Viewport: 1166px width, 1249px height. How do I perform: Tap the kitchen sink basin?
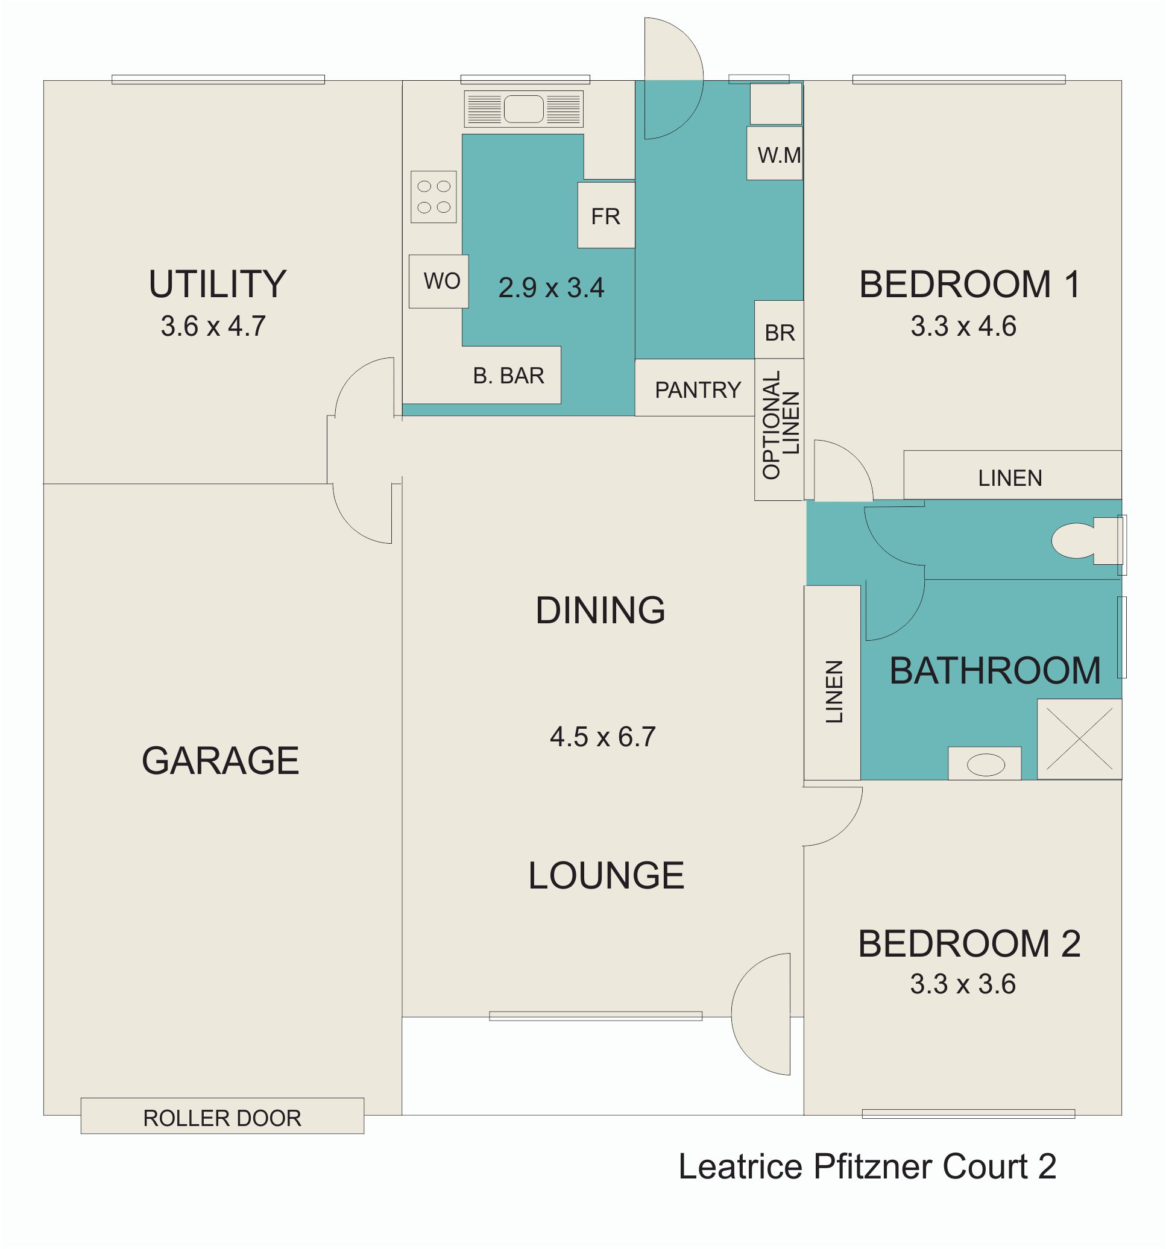coord(523,109)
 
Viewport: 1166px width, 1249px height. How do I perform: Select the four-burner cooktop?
coord(433,197)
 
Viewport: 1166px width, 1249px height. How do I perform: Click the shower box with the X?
coord(1079,739)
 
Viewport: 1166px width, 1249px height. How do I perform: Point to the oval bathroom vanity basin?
coord(985,764)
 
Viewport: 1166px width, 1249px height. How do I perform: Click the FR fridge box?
coord(607,215)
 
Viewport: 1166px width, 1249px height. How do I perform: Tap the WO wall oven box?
coord(438,281)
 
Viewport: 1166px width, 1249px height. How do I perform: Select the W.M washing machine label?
coord(779,155)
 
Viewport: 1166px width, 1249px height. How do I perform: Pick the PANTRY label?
coord(698,390)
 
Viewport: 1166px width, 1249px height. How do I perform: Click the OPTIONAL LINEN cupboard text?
coord(781,424)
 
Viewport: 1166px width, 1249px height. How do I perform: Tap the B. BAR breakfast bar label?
coord(508,376)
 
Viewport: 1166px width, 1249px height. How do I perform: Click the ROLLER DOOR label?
coord(222,1118)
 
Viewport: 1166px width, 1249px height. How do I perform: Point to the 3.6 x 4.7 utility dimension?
coord(213,326)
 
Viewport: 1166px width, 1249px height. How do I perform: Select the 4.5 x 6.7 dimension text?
coord(602,737)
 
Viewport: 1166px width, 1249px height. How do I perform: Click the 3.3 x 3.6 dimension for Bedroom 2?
coord(962,984)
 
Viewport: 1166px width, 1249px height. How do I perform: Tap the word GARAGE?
coord(220,761)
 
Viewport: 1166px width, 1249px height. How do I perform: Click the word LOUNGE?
coord(606,875)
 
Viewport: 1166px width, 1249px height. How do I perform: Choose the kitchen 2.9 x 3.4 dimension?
coord(551,288)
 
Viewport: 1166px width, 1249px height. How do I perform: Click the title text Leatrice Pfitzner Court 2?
coord(867,1166)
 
